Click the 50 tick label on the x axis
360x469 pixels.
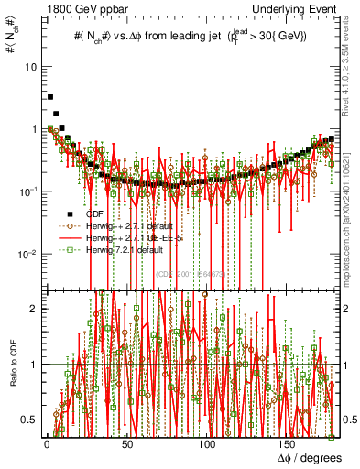click(x=127, y=442)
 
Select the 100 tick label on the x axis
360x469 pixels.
click(x=208, y=442)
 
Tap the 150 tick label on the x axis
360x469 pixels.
click(x=289, y=442)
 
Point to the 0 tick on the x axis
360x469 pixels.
click(x=47, y=442)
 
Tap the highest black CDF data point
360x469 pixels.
click(x=50, y=96)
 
